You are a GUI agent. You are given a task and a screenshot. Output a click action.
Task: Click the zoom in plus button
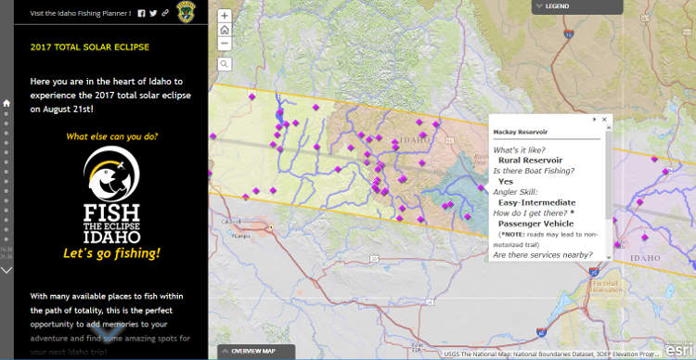[225, 16]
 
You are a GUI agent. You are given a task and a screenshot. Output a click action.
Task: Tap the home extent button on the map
[225, 30]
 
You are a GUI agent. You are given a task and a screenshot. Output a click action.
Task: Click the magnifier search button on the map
[225, 64]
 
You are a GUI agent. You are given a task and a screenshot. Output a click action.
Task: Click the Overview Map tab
[249, 351]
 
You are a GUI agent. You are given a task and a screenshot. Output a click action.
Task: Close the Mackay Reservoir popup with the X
[604, 120]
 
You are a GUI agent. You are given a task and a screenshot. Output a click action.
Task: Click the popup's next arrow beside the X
[595, 120]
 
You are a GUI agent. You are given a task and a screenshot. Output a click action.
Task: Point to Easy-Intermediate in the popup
[536, 202]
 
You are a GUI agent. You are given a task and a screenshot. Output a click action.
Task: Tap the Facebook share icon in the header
[142, 13]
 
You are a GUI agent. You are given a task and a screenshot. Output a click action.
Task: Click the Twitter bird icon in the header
[153, 13]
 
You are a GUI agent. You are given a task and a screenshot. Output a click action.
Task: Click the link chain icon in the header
[164, 13]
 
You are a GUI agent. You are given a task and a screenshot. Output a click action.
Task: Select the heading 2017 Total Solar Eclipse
[89, 46]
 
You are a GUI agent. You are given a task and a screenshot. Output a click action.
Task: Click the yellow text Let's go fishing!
[111, 253]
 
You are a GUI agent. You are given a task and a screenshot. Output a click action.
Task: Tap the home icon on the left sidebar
[6, 104]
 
